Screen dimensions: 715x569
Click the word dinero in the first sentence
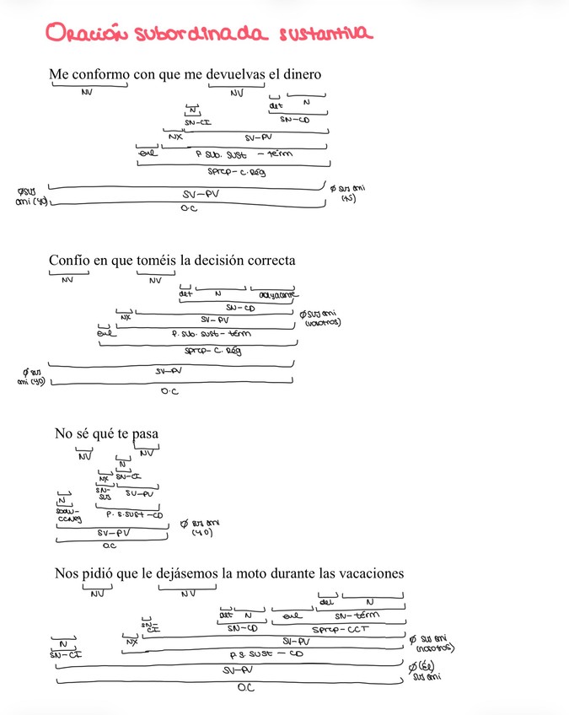(301, 75)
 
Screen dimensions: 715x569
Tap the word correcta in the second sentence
(270, 261)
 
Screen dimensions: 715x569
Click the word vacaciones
(370, 573)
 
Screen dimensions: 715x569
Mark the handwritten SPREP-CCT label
(341, 630)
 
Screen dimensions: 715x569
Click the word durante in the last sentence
(301, 573)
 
